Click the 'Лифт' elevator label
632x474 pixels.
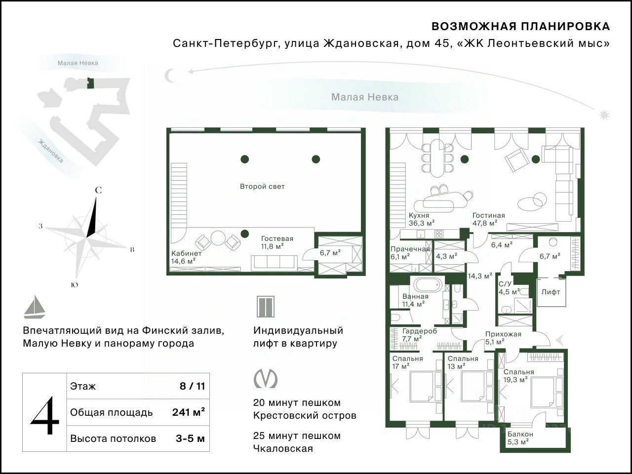tap(551, 292)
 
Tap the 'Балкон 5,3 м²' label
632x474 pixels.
tap(520, 438)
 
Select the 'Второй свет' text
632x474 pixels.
tap(262, 187)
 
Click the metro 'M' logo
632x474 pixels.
tap(266, 378)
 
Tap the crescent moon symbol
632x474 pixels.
tap(169, 76)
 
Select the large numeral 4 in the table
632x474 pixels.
tap(44, 415)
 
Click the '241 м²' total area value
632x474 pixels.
tap(189, 412)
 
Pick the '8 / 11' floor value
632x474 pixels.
tap(193, 386)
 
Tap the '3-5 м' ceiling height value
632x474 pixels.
tap(190, 438)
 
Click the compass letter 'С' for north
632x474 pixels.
tap(98, 191)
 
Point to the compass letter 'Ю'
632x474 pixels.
tap(74, 285)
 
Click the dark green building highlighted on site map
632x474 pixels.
tap(90, 83)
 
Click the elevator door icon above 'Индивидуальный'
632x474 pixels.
tap(266, 307)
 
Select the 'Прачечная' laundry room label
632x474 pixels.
tap(410, 249)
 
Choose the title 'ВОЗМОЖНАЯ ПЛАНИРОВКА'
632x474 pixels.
tap(521, 27)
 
